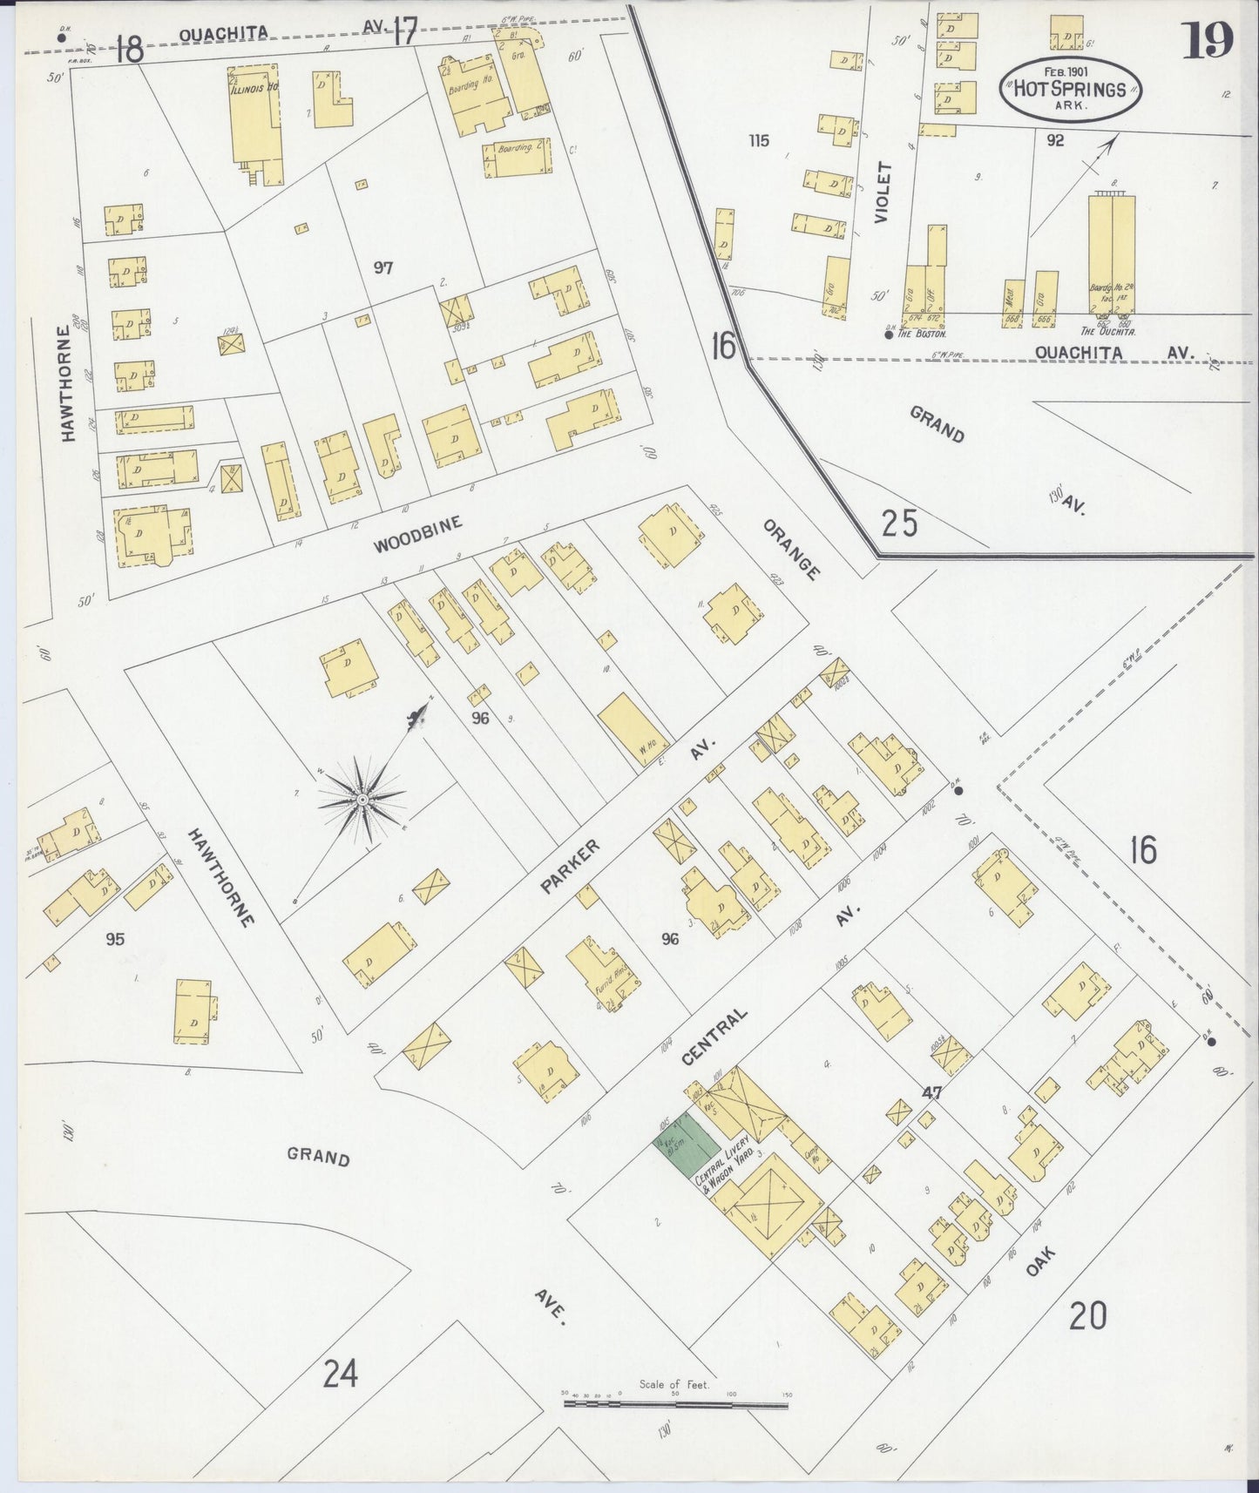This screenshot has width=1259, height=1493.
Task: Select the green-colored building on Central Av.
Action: (687, 1145)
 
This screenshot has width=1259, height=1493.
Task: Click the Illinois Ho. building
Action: (254, 113)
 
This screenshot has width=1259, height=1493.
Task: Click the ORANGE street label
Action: (792, 550)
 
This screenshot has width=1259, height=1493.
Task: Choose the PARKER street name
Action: (571, 866)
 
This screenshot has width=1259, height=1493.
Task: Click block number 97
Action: (383, 267)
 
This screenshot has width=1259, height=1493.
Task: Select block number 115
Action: (759, 140)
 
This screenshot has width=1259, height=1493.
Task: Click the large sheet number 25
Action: (899, 524)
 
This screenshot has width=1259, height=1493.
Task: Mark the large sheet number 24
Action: (340, 1374)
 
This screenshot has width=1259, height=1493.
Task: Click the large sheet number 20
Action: (1087, 1315)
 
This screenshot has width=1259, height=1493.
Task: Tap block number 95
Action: (115, 939)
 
